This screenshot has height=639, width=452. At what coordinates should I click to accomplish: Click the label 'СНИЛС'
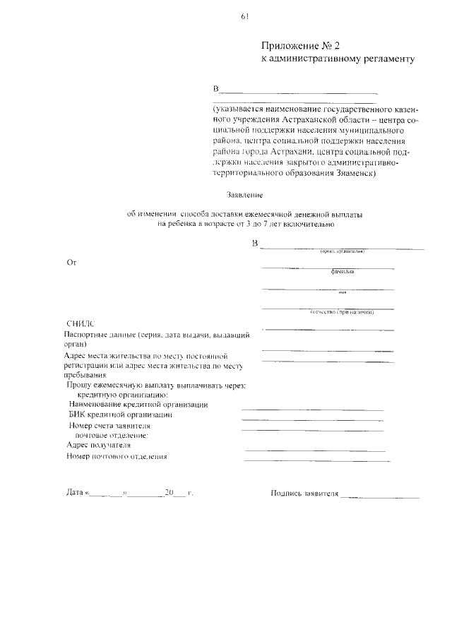click(79, 322)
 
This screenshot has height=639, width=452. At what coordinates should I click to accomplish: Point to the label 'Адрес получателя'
click(97, 446)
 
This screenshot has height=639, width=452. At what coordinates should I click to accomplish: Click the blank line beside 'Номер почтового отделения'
click(316, 461)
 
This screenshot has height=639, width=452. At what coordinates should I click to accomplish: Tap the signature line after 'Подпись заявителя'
click(379, 497)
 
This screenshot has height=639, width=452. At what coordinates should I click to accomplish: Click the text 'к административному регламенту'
click(338, 61)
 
